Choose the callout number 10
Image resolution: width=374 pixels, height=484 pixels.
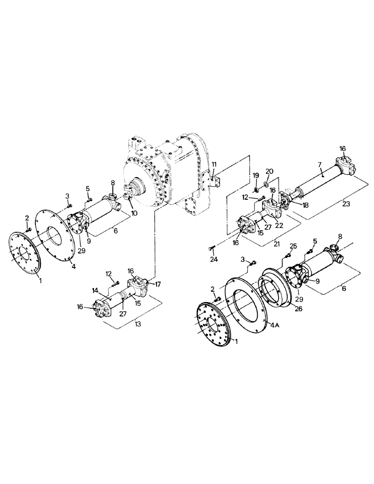(134, 212)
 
